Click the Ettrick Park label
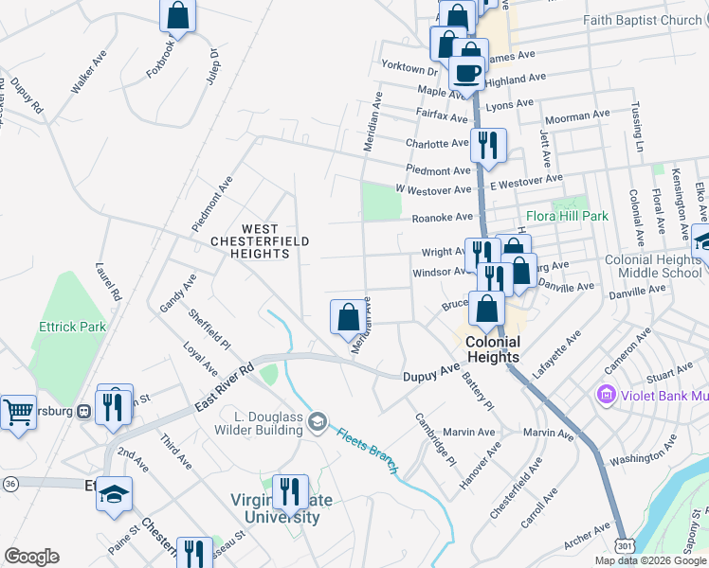(72, 327)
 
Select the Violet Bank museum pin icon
(603, 393)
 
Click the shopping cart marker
(17, 412)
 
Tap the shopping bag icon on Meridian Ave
(348, 315)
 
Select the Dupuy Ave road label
(431, 376)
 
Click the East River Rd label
(224, 387)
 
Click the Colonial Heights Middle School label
(652, 266)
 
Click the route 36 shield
(10, 483)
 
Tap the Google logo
(31, 557)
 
